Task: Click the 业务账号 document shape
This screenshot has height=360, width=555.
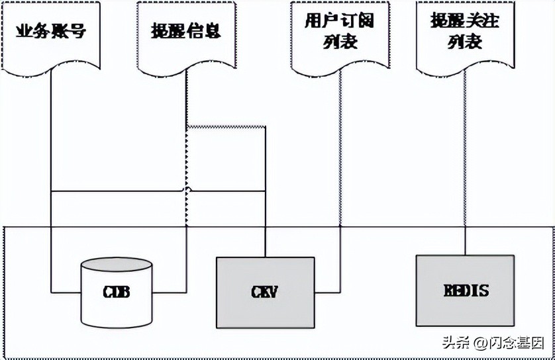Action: click(x=51, y=36)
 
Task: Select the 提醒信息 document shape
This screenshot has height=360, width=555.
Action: click(x=186, y=36)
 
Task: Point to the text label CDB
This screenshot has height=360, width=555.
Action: click(x=116, y=292)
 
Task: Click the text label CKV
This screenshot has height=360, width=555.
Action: click(x=264, y=291)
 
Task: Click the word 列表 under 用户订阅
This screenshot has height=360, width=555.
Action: click(x=340, y=43)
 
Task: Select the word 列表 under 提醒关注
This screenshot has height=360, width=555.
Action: click(x=464, y=43)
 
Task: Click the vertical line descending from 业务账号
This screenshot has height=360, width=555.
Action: click(x=51, y=132)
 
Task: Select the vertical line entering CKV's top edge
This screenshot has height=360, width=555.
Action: click(x=265, y=199)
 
